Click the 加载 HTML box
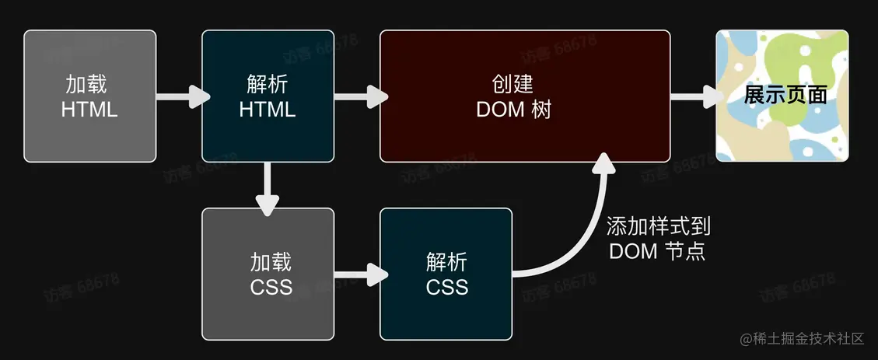[x=89, y=96]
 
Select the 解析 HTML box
[x=268, y=96]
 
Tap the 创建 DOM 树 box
[x=525, y=96]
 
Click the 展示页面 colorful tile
[x=782, y=96]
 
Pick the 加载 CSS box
[x=268, y=274]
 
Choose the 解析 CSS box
[x=446, y=274]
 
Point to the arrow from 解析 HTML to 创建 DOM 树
[x=359, y=97]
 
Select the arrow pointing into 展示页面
[x=694, y=97]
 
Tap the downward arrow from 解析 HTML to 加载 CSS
[x=268, y=187]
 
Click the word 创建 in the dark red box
[x=513, y=84]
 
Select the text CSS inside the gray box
[x=271, y=287]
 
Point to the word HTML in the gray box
[x=89, y=109]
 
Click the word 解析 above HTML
[x=268, y=84]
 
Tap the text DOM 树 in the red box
[x=513, y=110]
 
